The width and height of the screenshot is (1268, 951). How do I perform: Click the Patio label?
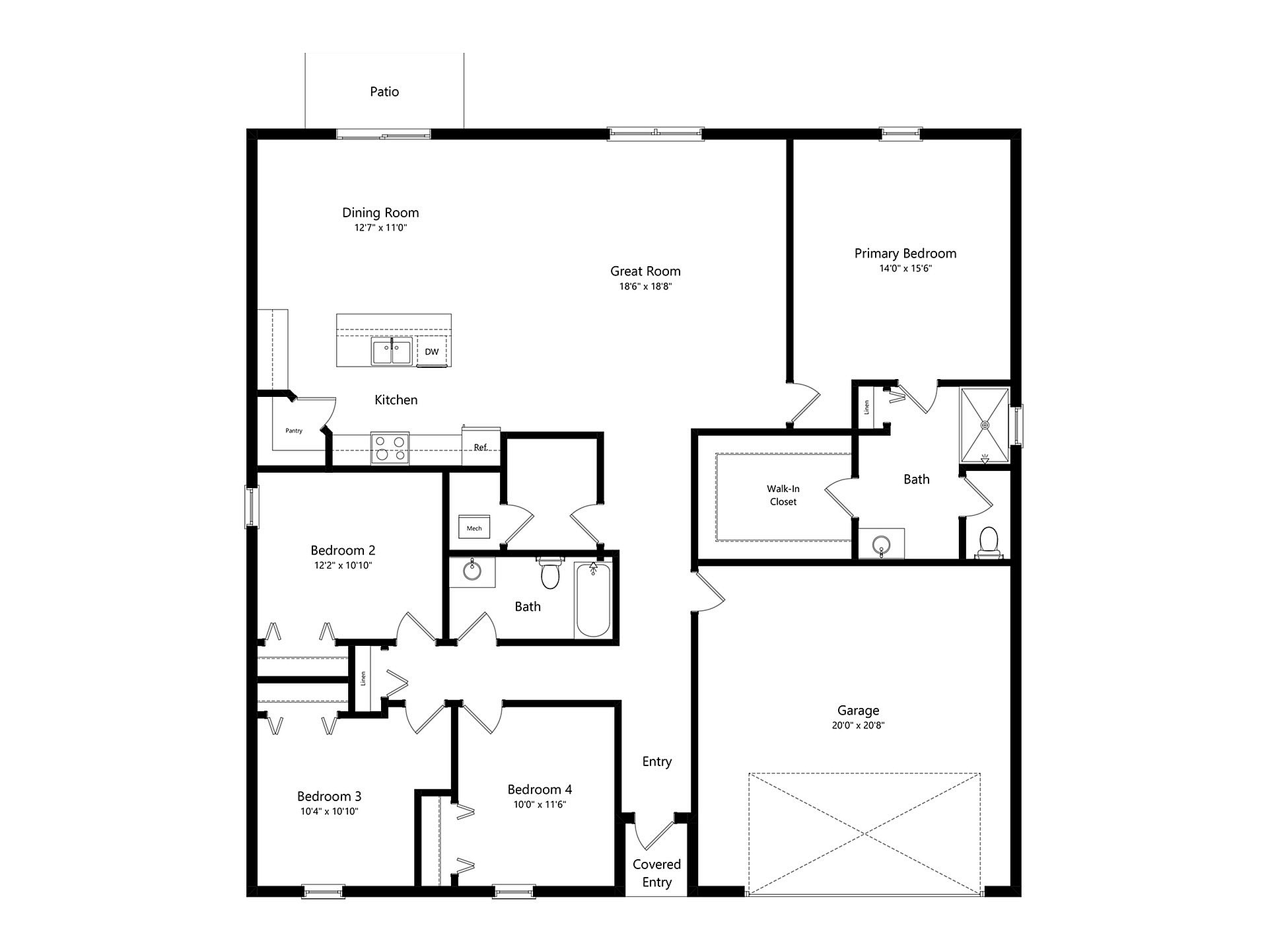384,92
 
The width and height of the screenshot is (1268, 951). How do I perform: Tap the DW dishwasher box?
432,351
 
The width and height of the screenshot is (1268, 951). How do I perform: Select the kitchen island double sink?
392,351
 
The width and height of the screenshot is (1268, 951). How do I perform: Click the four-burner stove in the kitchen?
390,448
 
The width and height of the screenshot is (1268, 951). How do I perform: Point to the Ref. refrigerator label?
481,447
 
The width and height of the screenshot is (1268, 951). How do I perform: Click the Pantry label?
294,431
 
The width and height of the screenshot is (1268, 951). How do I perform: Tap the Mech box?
474,527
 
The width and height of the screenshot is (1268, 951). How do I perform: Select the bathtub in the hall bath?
593,599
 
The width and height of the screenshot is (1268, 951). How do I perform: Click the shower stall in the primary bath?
985,425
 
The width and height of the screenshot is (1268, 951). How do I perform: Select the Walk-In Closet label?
783,495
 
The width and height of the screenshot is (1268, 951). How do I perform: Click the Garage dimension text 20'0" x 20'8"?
859,725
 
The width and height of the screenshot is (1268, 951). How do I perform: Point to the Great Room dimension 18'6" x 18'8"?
645,287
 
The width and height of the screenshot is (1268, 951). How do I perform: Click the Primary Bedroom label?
905,254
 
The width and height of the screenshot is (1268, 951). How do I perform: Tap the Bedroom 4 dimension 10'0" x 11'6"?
540,804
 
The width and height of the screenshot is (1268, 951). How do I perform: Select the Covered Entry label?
657,873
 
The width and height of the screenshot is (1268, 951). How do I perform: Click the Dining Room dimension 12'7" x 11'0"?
380,228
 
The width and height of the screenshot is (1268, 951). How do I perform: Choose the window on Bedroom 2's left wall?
252,507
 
